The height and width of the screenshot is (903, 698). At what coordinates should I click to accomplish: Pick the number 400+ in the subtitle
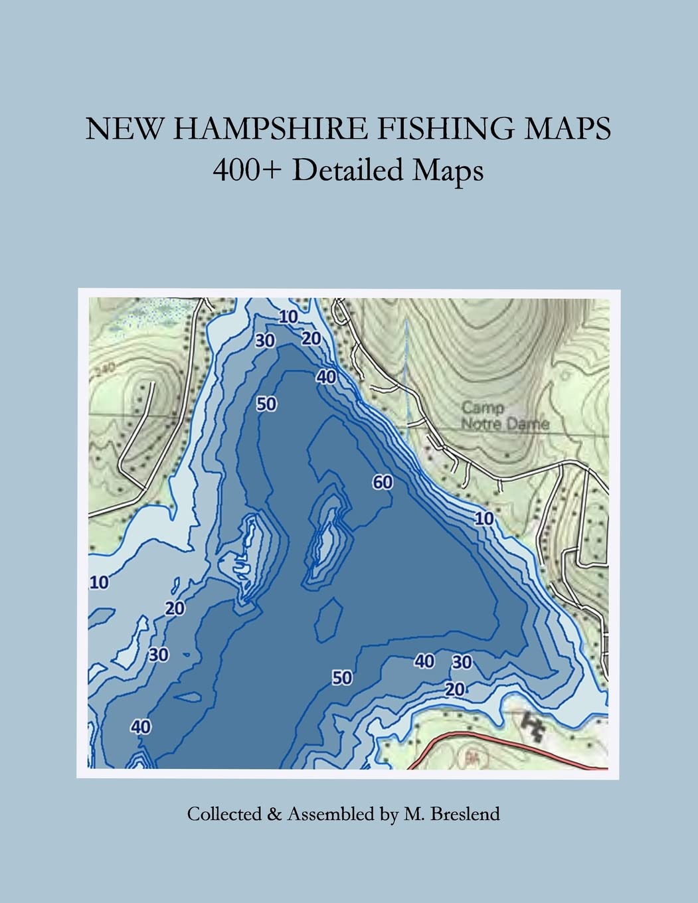click(x=247, y=171)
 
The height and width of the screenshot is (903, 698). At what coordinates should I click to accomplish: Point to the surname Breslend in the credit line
click(x=465, y=813)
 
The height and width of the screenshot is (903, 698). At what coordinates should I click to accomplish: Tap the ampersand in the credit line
click(x=274, y=813)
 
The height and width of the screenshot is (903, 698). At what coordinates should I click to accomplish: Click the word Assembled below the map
click(x=330, y=814)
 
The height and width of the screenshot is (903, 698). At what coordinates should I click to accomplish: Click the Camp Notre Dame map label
click(x=504, y=416)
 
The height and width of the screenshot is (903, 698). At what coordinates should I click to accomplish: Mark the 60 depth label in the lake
click(x=383, y=482)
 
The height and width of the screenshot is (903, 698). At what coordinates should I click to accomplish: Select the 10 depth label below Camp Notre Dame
click(x=484, y=518)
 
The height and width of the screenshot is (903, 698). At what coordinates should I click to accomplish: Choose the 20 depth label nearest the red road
click(x=455, y=689)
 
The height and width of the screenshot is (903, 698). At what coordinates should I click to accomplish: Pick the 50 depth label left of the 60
click(x=266, y=404)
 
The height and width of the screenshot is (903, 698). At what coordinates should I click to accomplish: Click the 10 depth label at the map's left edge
click(x=99, y=582)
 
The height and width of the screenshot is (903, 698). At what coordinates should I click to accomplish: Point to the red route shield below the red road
click(x=472, y=756)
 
